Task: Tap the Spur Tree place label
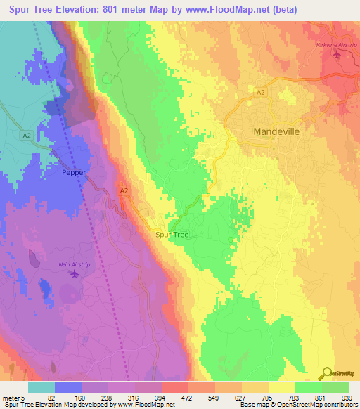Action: tap(172, 235)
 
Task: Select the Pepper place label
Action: tap(74, 171)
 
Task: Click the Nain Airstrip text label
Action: tap(72, 264)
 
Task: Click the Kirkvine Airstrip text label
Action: tap(334, 44)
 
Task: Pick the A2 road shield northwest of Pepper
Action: tap(26, 135)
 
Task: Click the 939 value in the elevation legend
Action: tap(345, 397)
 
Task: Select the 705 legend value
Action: tap(263, 397)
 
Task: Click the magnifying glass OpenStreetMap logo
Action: tap(328, 373)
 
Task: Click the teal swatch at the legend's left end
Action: tap(41, 387)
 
